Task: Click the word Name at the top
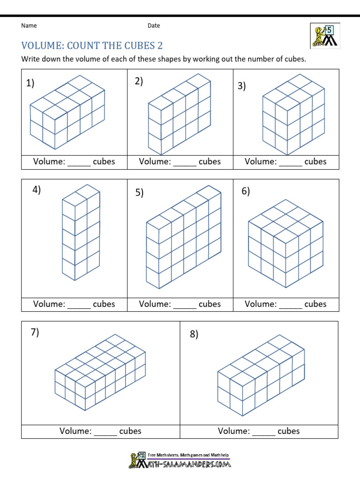29,26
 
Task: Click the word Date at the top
154,26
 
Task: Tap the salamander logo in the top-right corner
324,36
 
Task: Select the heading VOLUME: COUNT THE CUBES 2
92,45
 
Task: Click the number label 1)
30,83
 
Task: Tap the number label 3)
242,86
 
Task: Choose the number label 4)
37,190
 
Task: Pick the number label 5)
139,193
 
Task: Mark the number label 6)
246,191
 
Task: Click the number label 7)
35,332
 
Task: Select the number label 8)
194,334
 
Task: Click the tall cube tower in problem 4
80,232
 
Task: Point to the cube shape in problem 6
285,243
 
